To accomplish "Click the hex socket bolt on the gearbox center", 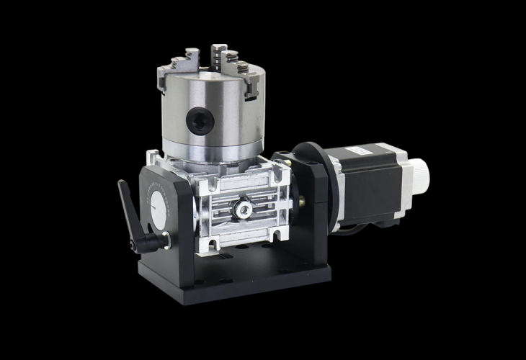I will (244, 209).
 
